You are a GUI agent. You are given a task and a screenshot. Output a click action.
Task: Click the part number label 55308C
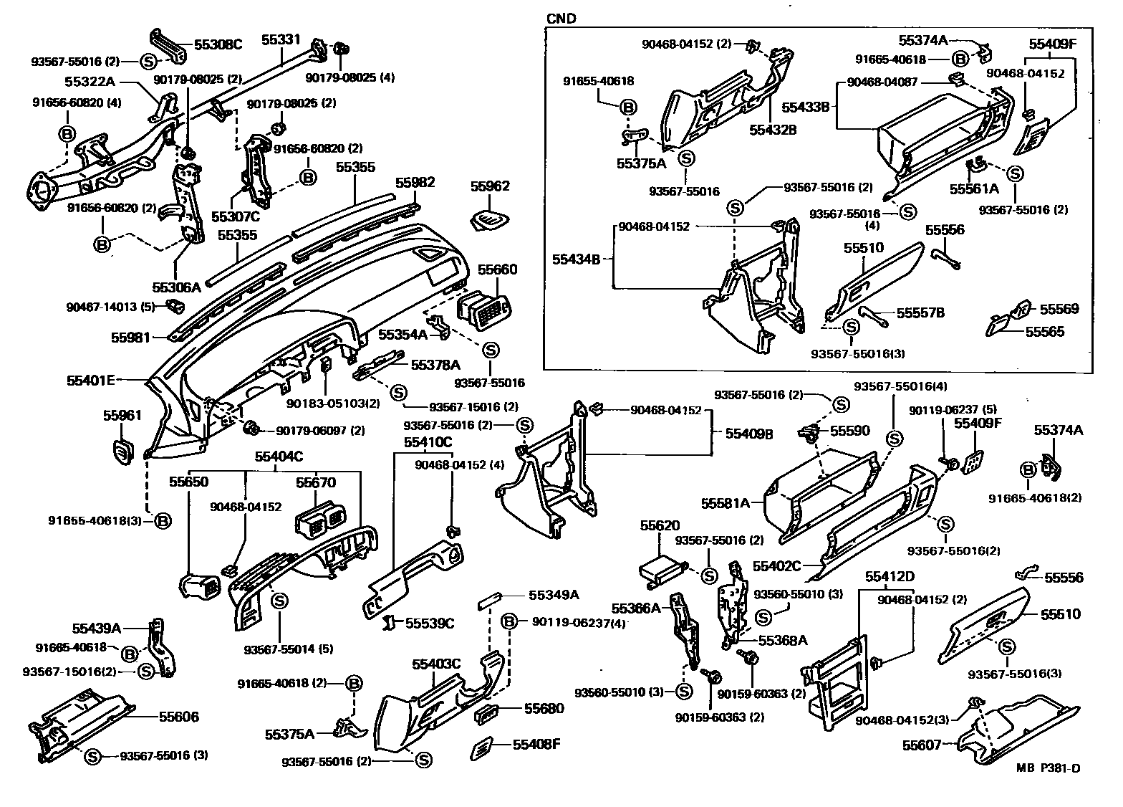[218, 44]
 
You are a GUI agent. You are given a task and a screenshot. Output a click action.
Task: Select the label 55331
[281, 39]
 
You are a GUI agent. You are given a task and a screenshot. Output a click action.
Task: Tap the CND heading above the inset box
[561, 19]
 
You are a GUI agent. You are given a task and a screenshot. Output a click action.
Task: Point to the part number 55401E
[91, 381]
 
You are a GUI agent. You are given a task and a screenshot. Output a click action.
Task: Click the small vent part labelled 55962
[491, 219]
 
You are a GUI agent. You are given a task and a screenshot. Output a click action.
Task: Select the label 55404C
[279, 456]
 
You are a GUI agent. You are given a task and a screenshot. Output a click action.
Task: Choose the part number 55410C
[428, 442]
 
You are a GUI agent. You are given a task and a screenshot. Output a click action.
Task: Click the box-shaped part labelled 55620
[660, 570]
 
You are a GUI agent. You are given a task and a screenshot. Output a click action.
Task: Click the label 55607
[922, 745]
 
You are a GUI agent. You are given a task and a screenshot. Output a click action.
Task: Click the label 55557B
[921, 312]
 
